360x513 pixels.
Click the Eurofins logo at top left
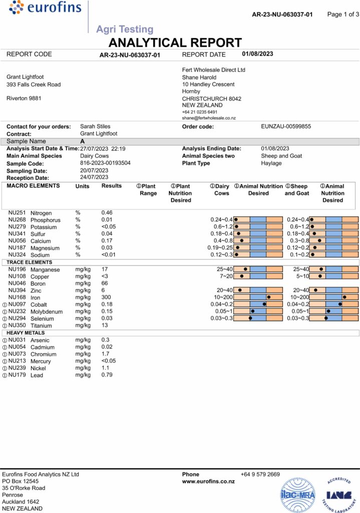coord(39,9)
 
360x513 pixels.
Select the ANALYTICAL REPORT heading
coord(175,43)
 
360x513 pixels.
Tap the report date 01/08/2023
coord(257,54)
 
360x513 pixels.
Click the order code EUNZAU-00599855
coord(286,127)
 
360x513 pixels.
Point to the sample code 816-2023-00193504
coord(106,163)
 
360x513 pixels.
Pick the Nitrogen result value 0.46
coord(107,213)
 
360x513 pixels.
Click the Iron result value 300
coord(106,298)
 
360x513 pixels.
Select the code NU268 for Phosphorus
coord(17,220)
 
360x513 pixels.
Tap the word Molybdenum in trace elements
coord(47,312)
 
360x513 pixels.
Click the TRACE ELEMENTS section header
coord(29,262)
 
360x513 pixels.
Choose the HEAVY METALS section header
coord(26,333)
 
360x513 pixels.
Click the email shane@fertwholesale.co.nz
coord(209,118)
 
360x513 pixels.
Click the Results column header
coord(112,186)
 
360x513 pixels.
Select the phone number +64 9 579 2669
coord(260,474)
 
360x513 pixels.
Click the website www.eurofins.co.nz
coord(208,481)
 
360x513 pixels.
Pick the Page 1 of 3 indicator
coord(343,14)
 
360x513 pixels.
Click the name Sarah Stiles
coord(95,127)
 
